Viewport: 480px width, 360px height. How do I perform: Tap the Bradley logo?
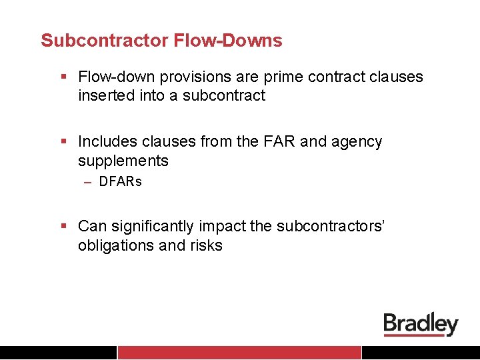[421, 325]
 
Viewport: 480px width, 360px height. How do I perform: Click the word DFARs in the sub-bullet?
[121, 181]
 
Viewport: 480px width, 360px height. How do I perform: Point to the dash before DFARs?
[88, 181]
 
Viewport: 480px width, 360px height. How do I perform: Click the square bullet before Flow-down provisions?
[64, 77]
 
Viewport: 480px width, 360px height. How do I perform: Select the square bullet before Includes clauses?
[64, 141]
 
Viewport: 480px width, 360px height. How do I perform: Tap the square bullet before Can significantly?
[64, 226]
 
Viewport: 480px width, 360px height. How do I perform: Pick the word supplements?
[123, 161]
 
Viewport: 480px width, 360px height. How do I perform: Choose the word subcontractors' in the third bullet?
[329, 226]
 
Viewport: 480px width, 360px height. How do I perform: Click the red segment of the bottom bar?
[239, 353]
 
